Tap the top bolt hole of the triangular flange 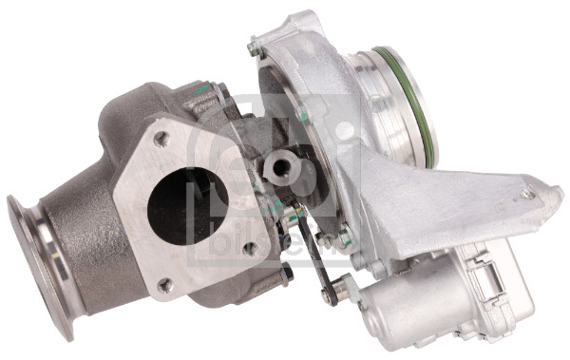[161, 139]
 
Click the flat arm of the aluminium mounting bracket [456, 204]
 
